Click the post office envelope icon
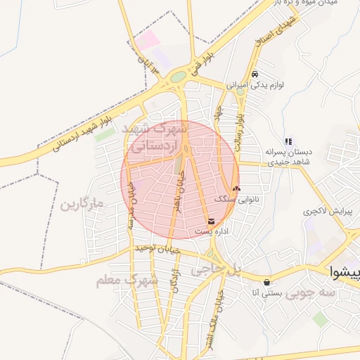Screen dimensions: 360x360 point(212,221)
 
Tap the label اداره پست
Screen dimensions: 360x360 point(212,232)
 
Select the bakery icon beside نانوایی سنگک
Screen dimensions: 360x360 point(236,188)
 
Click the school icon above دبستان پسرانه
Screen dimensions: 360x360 point(288,141)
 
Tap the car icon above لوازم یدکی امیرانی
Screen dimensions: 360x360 point(255,75)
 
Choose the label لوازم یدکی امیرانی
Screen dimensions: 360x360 point(255,85)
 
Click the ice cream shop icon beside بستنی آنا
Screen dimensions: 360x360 point(266,283)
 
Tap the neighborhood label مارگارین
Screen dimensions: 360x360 point(82,205)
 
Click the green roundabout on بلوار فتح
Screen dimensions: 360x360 point(179,76)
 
